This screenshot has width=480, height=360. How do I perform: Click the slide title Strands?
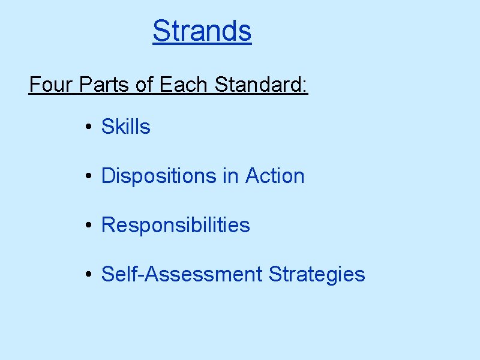point(202,31)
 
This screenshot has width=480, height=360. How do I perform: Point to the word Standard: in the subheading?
point(261,85)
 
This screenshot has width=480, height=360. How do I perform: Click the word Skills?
point(126,127)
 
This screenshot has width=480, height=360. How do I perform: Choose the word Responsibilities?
point(175,225)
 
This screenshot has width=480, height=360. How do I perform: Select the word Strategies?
point(317,274)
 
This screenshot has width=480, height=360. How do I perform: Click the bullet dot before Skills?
point(88,127)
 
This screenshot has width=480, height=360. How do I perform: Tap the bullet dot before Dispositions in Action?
point(88,176)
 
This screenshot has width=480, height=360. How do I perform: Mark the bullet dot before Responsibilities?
point(88,226)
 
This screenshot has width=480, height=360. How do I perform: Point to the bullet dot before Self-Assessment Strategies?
point(88,275)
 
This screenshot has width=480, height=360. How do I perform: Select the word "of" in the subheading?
point(145,85)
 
